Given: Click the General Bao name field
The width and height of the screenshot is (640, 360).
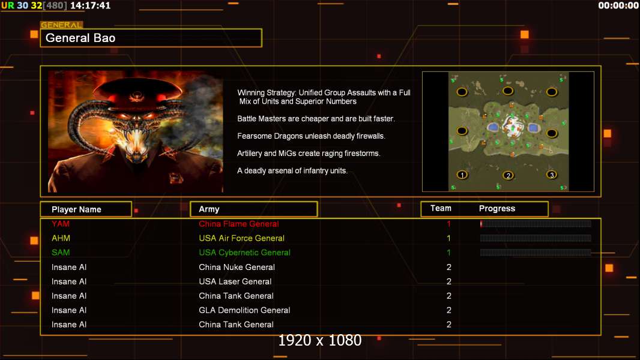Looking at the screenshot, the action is tap(151, 38).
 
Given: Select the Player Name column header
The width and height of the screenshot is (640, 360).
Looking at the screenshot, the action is tap(86, 209).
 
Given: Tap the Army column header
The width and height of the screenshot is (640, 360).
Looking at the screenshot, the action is tap(253, 209).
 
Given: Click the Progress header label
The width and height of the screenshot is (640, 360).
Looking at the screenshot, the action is tap(497, 209).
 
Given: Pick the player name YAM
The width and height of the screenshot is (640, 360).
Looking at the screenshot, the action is tap(61, 224).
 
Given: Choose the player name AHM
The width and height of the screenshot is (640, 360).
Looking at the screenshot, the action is tap(61, 238).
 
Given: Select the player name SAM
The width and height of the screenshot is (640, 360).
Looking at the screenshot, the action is tap(61, 253).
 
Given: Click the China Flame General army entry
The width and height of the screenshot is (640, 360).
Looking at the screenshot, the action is tap(239, 224).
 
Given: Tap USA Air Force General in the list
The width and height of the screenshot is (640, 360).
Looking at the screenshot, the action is tap(241, 238).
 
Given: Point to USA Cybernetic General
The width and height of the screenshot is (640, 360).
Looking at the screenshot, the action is tap(244, 253).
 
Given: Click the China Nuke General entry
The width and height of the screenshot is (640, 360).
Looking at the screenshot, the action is tap(237, 267).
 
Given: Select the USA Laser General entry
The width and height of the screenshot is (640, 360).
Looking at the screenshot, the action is tap(235, 281).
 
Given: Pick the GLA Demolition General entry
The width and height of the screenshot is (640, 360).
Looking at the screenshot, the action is tap(244, 310).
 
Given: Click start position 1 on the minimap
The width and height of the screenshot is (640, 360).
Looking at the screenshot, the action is tap(462, 175).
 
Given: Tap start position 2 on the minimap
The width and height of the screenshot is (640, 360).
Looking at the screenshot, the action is tap(508, 176).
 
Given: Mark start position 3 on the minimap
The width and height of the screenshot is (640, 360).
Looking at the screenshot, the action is tap(552, 175).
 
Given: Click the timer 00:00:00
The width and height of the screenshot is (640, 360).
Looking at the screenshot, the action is tap(618, 5).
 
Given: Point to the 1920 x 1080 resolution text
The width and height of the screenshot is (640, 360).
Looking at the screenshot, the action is tap(320, 340).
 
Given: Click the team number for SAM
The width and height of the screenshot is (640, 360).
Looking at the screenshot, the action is tap(448, 253).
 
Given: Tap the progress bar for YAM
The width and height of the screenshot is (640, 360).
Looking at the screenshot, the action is tap(536, 223).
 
